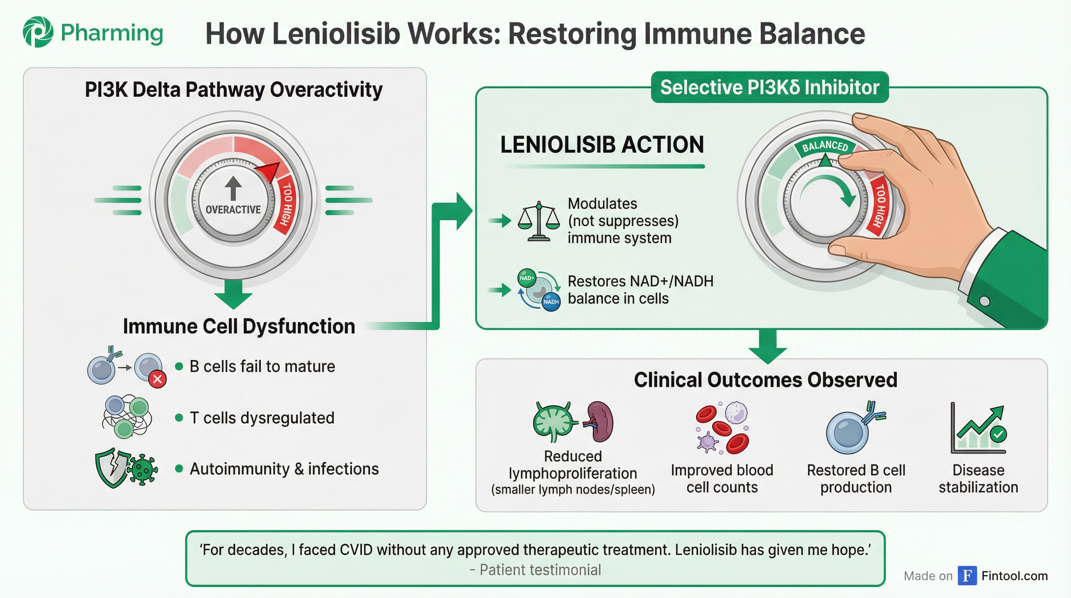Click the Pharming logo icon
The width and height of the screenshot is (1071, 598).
(x=38, y=32)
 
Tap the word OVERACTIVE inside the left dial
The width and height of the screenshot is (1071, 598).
(x=233, y=209)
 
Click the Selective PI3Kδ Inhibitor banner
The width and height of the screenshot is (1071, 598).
(x=769, y=88)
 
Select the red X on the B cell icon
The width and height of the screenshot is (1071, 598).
(x=158, y=379)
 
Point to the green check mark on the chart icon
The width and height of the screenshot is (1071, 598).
(x=998, y=434)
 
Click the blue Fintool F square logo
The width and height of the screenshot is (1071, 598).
(x=967, y=575)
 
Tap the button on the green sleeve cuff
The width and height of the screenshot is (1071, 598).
(x=985, y=301)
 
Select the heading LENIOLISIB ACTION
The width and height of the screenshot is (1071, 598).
(x=602, y=145)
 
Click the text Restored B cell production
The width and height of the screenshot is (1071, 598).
(x=856, y=478)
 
